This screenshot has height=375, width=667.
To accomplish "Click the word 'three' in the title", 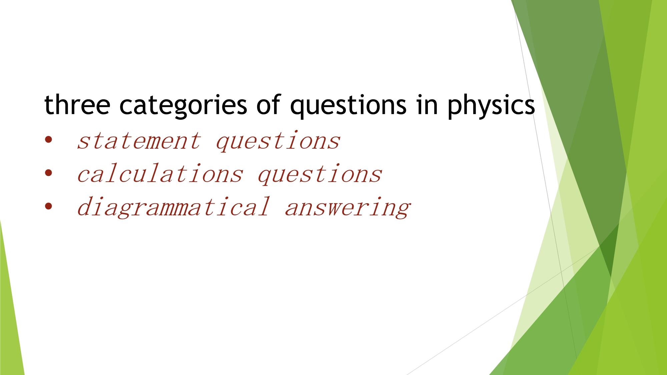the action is (77, 104).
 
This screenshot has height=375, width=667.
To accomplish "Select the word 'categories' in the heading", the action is (183, 106).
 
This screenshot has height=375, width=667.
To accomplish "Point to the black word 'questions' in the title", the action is (348, 106).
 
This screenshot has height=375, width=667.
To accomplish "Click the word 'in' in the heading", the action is (427, 105).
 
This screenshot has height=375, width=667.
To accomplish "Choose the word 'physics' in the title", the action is (491, 106).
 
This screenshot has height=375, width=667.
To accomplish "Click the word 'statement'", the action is (139, 141).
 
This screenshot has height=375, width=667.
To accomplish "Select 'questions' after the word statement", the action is (278, 141).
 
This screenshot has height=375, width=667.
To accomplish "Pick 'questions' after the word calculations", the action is (320, 174).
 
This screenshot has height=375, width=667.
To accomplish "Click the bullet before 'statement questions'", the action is (49, 140).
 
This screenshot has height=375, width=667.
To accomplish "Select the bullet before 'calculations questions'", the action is (49, 173).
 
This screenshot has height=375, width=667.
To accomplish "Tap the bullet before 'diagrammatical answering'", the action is (49, 206).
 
